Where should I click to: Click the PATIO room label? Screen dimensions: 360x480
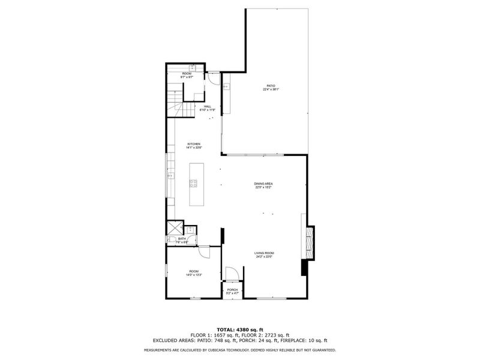point(271,86)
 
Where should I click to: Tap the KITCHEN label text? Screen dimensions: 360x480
point(194,144)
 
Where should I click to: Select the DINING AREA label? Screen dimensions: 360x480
point(263,184)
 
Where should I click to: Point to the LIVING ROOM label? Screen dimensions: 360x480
point(264,253)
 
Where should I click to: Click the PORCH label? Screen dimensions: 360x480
point(232,290)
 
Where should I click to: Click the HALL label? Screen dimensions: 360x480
point(208,106)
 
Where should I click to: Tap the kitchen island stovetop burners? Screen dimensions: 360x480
point(194,183)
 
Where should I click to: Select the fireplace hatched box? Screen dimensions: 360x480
point(310,242)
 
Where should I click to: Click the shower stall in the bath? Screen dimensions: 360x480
point(175,228)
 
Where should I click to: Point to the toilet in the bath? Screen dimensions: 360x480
point(171,241)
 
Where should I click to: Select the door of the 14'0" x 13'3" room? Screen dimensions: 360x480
point(204,252)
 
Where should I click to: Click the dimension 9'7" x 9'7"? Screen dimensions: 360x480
point(187,77)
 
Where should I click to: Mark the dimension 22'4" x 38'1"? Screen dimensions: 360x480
point(271,89)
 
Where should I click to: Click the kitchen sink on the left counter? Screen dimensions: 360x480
point(170,176)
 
